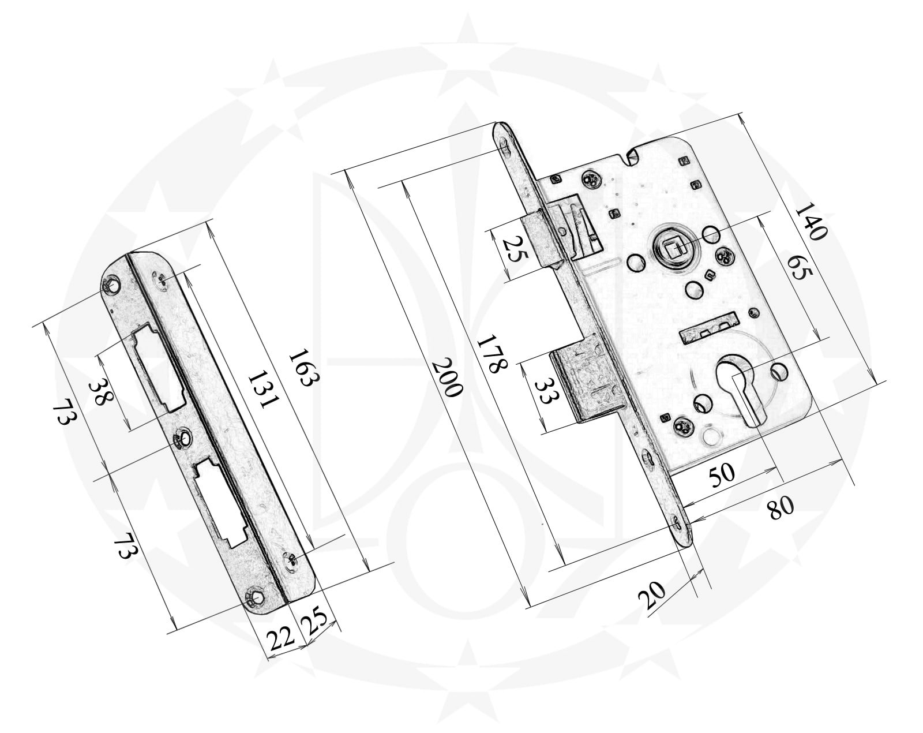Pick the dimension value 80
pyautogui.click(x=781, y=508)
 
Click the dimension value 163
pyautogui.click(x=304, y=368)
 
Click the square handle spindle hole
pyautogui.click(x=671, y=250)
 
